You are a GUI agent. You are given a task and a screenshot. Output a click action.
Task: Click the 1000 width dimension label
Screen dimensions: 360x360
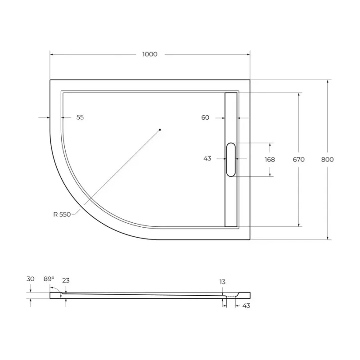[x=150, y=54]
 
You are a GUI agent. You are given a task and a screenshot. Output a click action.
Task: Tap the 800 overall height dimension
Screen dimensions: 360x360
[x=328, y=160]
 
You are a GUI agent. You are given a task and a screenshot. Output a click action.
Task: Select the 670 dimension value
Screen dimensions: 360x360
[x=298, y=160]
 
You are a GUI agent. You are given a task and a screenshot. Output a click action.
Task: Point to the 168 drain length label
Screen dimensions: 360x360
[x=270, y=160]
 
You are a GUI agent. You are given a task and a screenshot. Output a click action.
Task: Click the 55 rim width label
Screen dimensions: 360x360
[x=80, y=117]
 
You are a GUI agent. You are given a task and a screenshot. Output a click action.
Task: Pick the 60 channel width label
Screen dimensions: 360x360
[x=205, y=117]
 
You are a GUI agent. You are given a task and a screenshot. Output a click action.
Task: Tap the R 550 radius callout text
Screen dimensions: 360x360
[x=62, y=215]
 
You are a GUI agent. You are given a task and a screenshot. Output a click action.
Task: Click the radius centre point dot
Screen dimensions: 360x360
[x=160, y=130]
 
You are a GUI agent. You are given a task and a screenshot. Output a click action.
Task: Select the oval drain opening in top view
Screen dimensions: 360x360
[x=231, y=160]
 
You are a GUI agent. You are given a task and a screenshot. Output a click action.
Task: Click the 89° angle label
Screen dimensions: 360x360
[x=49, y=279]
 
